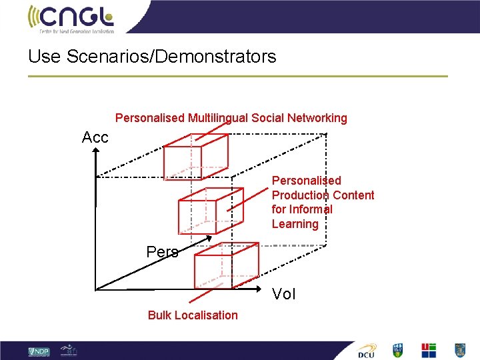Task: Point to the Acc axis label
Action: pos(95,138)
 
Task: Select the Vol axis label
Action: pos(284,294)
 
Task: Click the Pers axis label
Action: pos(162,252)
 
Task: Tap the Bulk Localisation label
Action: pos(193,315)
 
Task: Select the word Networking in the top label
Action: pos(317,118)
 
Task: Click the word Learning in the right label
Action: pos(295,224)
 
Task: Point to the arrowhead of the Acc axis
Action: pos(96,152)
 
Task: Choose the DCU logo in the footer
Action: pos(366,351)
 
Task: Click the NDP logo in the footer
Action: pos(39,351)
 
